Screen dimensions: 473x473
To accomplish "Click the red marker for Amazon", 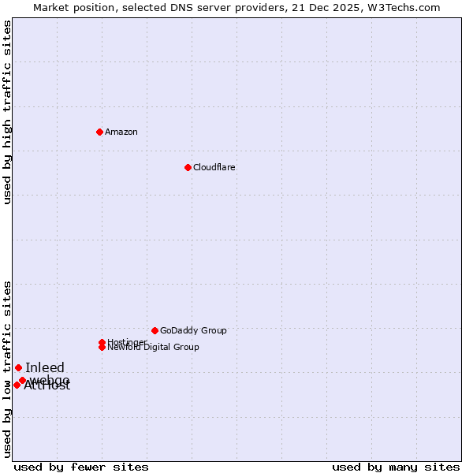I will point(99,132).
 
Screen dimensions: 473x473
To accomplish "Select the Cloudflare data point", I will point(188,167).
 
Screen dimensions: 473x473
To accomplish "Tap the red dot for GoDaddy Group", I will point(155,330).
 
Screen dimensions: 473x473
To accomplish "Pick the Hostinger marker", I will point(102,342).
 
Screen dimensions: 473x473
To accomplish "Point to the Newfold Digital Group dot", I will point(102,348).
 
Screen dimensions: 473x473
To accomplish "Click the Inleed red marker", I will point(18,367).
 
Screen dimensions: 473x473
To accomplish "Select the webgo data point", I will point(22,380).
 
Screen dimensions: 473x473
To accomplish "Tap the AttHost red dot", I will point(17,385).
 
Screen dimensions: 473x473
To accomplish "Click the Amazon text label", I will point(121,132).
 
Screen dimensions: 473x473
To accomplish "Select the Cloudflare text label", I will point(214,167).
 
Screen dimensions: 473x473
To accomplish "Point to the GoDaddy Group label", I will point(193,330).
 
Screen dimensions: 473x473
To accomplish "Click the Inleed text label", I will point(45,367).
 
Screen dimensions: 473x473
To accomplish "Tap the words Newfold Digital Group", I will point(154,348).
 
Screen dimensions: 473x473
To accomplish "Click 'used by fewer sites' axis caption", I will point(81,467).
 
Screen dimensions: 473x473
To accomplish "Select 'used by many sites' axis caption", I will point(396,467).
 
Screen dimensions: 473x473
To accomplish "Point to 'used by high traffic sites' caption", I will point(8,112).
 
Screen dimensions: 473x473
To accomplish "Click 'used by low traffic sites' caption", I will point(8,369).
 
